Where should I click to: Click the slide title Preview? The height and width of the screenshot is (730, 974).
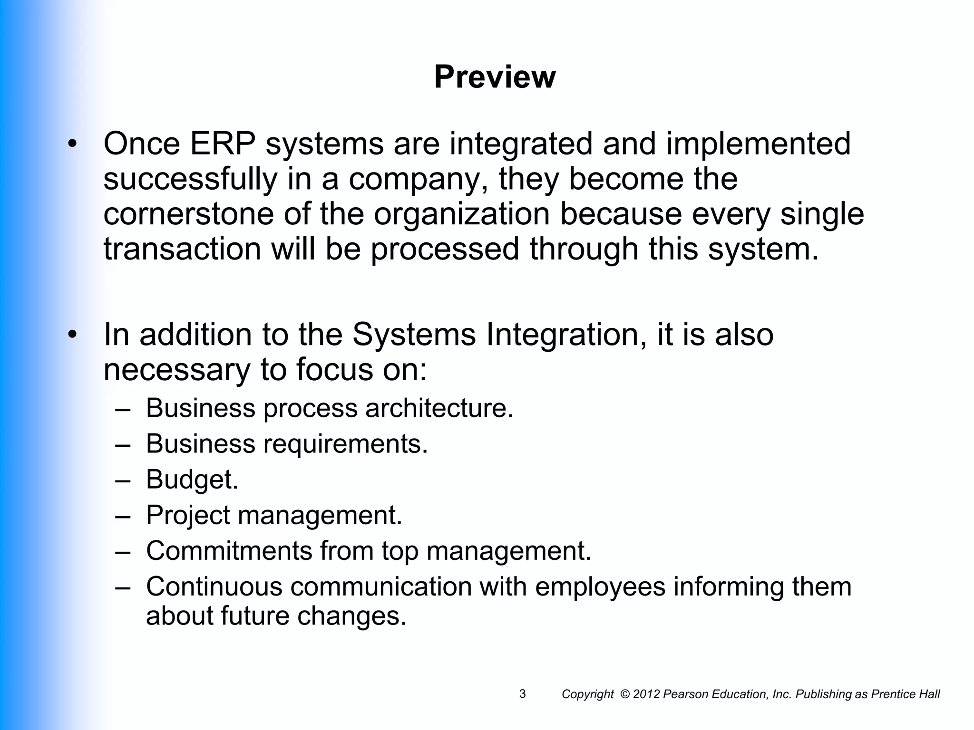pyautogui.click(x=495, y=77)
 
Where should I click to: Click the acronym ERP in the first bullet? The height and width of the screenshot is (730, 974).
pyautogui.click(x=223, y=144)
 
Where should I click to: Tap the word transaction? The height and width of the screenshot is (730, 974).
pyautogui.click(x=182, y=249)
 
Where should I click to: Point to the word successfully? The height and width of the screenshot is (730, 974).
pyautogui.click(x=190, y=180)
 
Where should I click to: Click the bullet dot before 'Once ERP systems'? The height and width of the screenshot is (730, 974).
pyautogui.click(x=72, y=144)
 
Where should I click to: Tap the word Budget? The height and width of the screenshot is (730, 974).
pyautogui.click(x=192, y=480)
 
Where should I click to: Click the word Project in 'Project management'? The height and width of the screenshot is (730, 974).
pyautogui.click(x=187, y=516)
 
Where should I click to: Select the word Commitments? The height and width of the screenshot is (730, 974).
pyautogui.click(x=229, y=551)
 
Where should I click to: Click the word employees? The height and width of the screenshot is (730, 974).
pyautogui.click(x=600, y=587)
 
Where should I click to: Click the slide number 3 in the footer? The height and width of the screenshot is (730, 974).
pyautogui.click(x=522, y=694)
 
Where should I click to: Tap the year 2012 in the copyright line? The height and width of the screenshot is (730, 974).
pyautogui.click(x=646, y=694)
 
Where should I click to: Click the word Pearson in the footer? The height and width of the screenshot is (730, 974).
pyautogui.click(x=682, y=694)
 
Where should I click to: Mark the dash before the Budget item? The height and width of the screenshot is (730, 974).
pyautogui.click(x=123, y=480)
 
